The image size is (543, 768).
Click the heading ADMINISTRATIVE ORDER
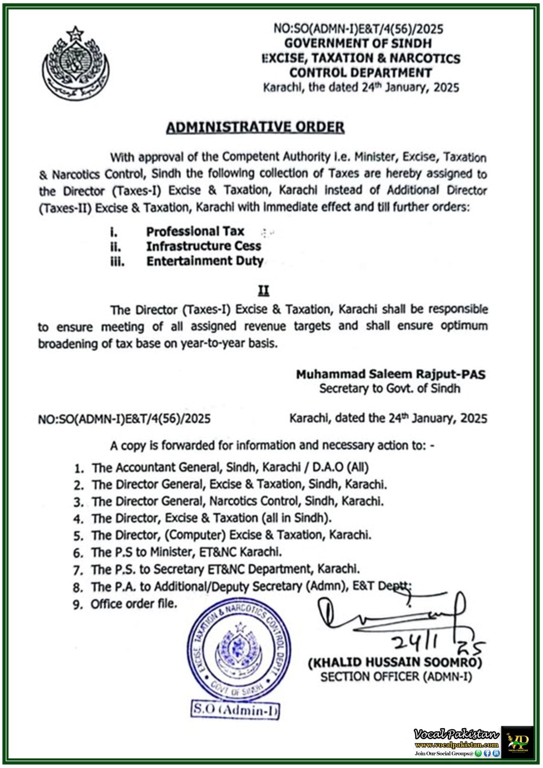255,127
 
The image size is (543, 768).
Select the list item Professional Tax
195,231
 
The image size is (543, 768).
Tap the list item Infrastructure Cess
204,246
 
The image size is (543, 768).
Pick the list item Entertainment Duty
205,261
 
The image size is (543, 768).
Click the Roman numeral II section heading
264,291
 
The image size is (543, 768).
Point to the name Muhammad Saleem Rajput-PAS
390,374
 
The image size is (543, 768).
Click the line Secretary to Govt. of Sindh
390,388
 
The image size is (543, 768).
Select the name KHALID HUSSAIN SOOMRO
395,662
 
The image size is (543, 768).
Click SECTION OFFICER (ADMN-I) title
396,677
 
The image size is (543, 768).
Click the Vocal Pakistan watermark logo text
456,734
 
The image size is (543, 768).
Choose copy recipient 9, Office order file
133,603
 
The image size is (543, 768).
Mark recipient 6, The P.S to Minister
186,552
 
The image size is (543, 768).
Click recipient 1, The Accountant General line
230,467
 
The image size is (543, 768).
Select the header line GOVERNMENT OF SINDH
358,43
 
